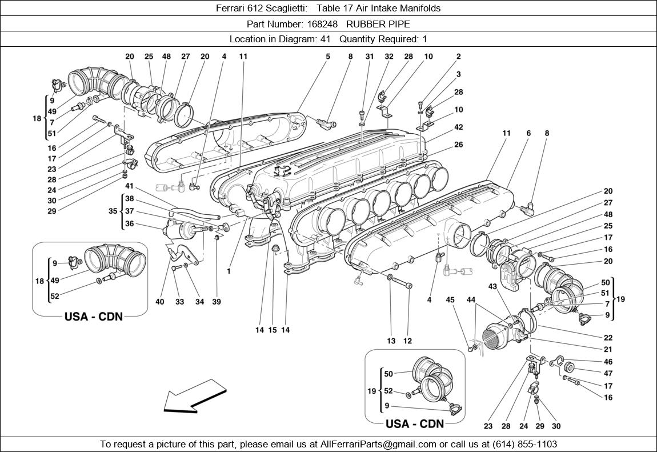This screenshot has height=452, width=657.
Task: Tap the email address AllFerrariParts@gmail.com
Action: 378,444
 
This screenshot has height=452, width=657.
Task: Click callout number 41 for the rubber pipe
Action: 129,186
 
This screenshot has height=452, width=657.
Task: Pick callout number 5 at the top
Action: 328,57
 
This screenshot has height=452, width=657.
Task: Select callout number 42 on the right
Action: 458,127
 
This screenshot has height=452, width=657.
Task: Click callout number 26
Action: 458,145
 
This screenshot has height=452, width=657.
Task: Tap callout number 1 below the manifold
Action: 229,271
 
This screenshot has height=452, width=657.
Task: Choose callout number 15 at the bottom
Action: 273,330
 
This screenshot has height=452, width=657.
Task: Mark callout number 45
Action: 450,299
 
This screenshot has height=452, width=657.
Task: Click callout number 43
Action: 492,286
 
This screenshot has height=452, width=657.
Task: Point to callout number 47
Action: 608,374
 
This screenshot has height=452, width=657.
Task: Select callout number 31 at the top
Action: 369,57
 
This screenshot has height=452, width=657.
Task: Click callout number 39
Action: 217,302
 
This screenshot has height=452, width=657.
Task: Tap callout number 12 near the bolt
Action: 407,341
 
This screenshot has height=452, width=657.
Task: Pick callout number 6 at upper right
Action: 528,133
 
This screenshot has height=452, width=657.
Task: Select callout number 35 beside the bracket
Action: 112,211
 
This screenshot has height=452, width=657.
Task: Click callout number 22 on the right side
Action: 608,338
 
